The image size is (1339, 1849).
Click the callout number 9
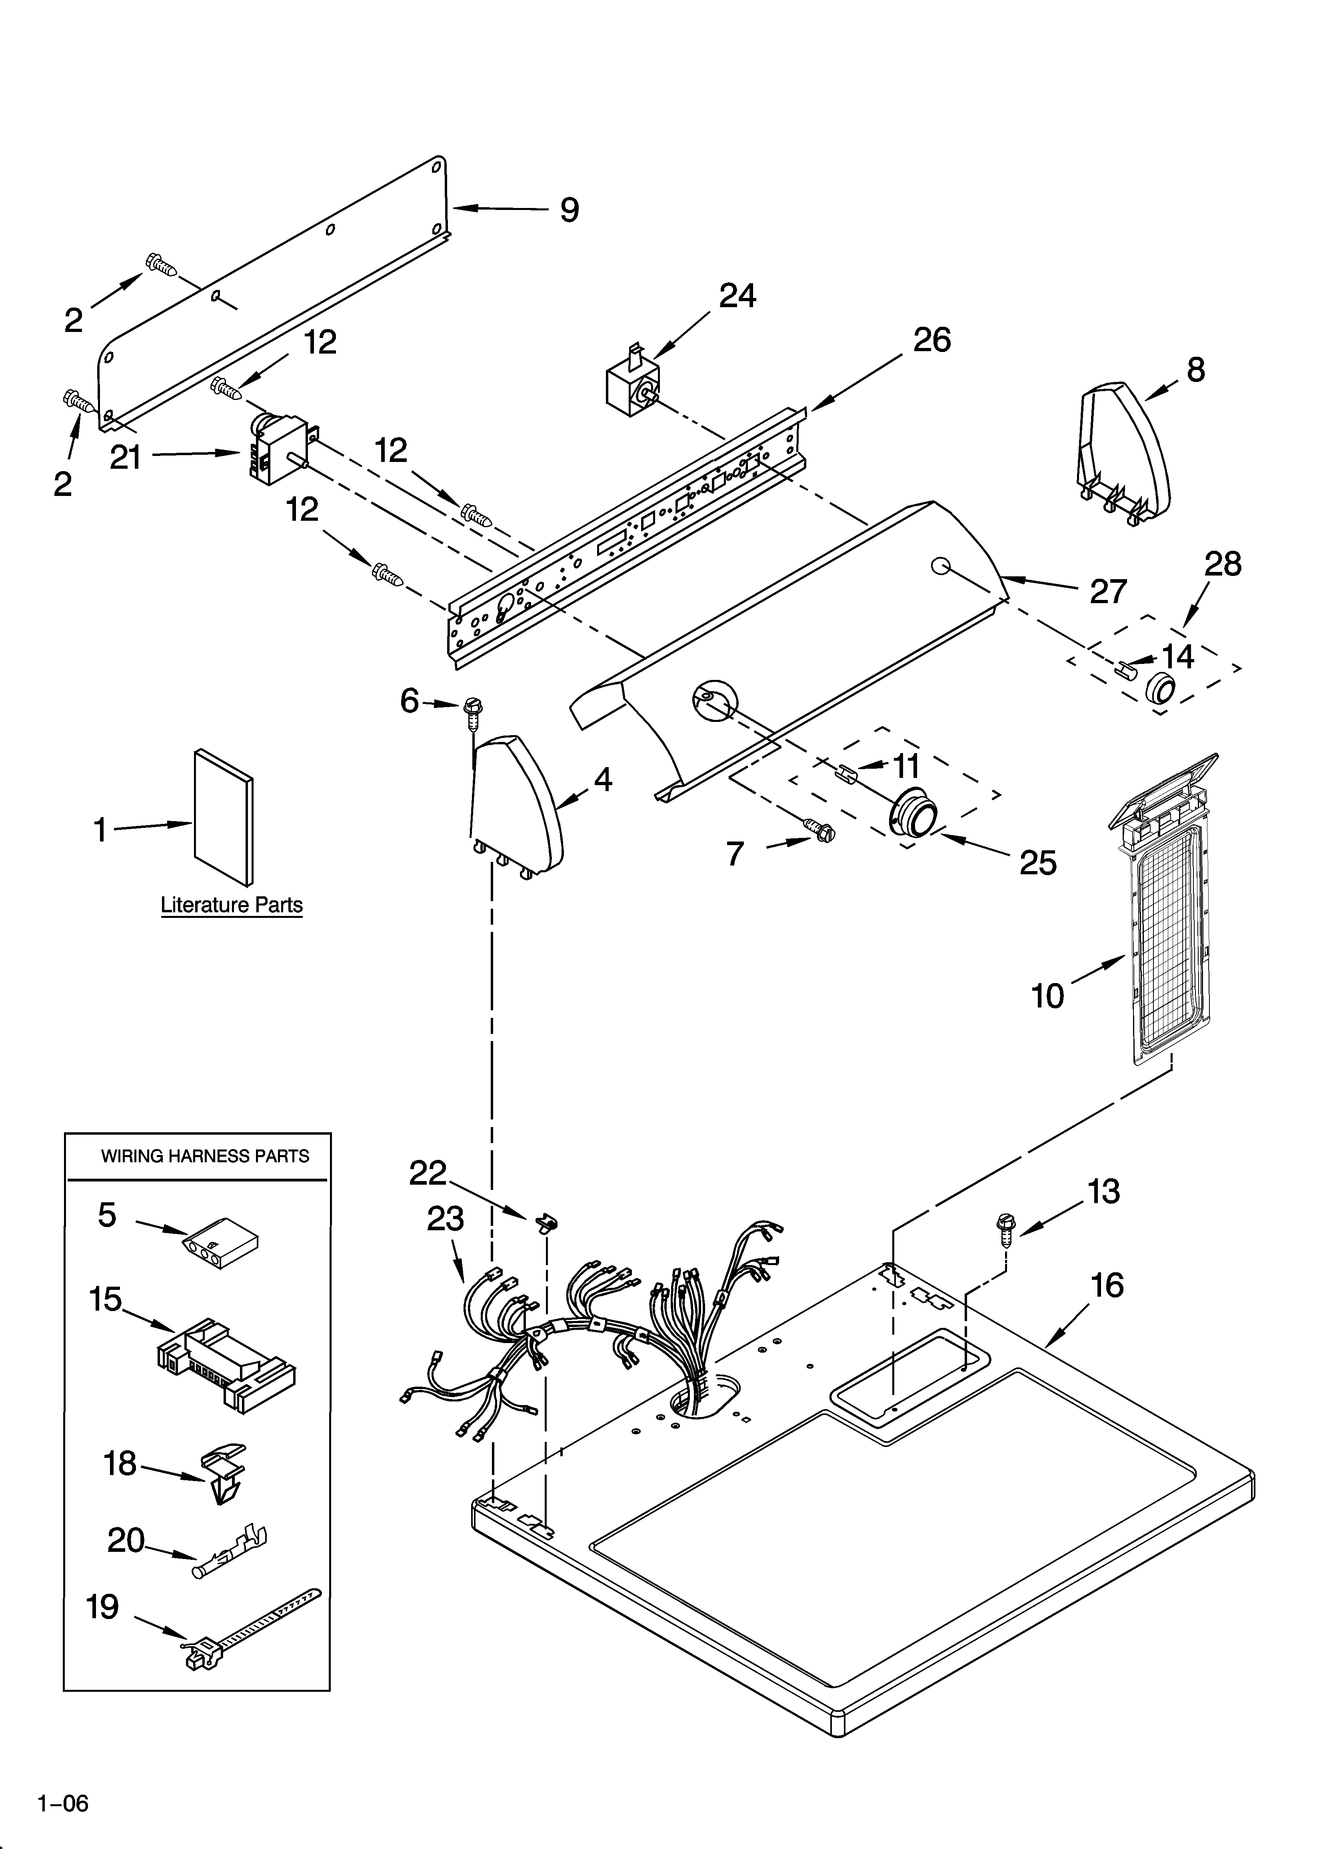click(x=569, y=210)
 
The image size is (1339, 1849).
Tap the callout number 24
click(x=737, y=296)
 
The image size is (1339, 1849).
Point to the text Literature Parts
click(x=232, y=905)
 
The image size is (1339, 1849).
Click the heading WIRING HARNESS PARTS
click(x=205, y=1156)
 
